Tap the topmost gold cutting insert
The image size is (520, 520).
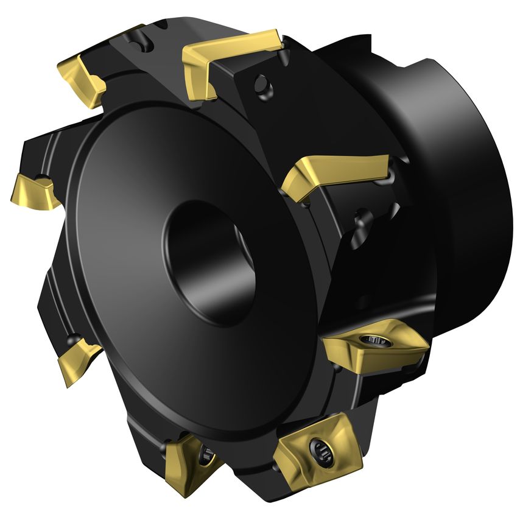[x=231, y=58]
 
